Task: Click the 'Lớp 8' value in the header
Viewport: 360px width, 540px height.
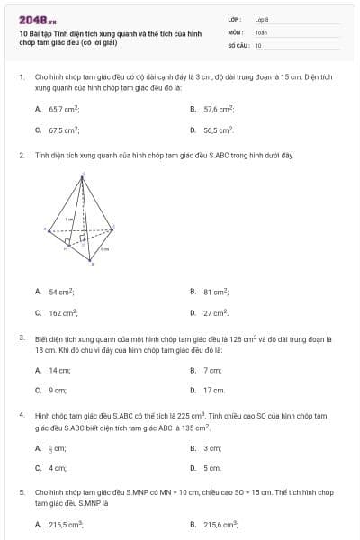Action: point(261,18)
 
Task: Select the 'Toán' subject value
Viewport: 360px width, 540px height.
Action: point(261,31)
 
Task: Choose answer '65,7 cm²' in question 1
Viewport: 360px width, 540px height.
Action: point(64,108)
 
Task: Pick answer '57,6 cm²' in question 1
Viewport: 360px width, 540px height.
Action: point(219,108)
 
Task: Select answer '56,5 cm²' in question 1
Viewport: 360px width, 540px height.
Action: point(219,130)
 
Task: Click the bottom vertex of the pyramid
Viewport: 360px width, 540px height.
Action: point(90,261)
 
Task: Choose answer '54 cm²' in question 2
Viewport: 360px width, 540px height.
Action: point(62,292)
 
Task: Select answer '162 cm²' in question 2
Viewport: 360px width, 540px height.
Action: point(63,313)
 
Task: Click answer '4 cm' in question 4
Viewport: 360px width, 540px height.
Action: point(58,468)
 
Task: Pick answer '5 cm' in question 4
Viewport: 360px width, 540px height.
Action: point(212,468)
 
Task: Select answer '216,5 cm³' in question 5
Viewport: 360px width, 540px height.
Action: point(66,524)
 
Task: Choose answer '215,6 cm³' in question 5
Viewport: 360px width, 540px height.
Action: point(220,524)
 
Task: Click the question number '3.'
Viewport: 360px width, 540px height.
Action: point(22,338)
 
